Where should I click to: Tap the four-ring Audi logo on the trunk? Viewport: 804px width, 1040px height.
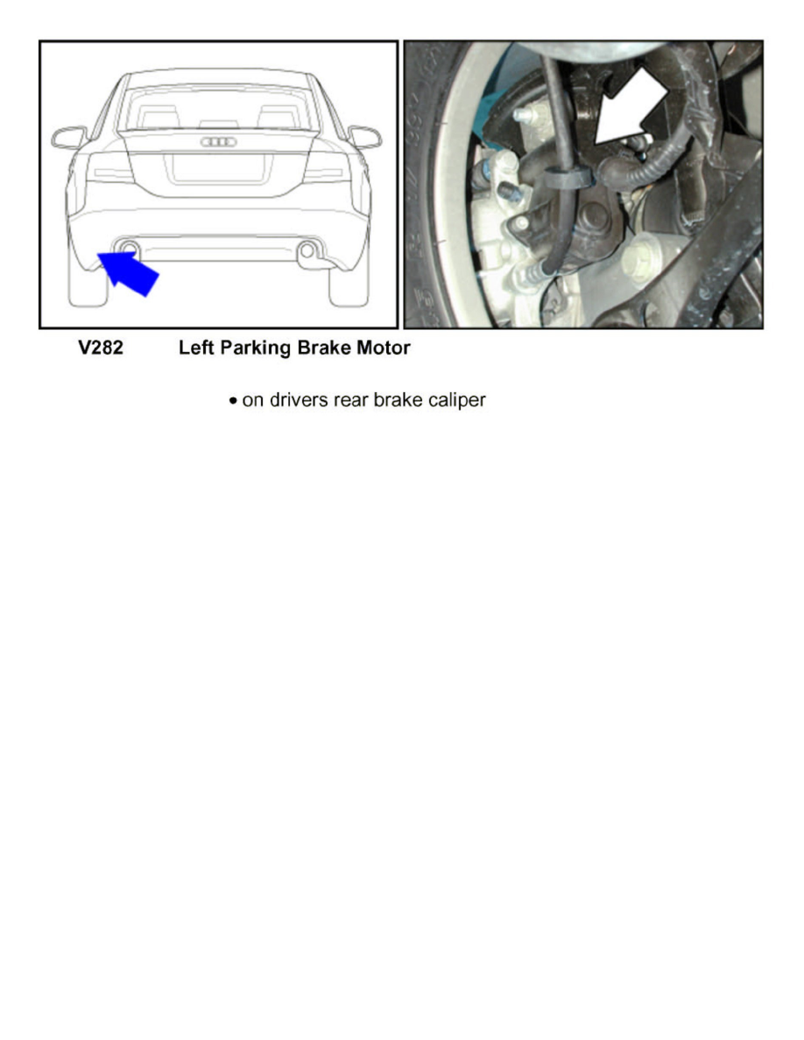219,142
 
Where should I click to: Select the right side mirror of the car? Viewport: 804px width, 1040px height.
365,137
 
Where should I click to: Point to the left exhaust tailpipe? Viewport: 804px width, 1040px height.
128,248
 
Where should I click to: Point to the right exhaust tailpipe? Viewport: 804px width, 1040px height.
307,252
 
